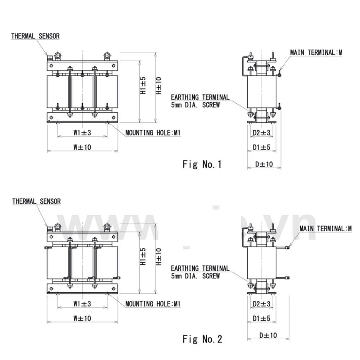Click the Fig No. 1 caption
(202, 165)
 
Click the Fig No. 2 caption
(202, 339)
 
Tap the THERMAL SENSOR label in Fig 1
(35, 36)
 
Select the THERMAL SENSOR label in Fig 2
(36, 201)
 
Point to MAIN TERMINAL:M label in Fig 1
(316, 52)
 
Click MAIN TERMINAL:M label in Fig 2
(325, 229)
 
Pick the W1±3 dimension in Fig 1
(82, 133)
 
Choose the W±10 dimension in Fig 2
(82, 318)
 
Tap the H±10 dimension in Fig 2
(158, 257)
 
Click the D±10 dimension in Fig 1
(264, 164)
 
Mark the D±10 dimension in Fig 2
(268, 335)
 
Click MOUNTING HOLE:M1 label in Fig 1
(153, 133)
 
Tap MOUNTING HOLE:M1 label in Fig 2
(153, 304)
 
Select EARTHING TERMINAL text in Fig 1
(200, 97)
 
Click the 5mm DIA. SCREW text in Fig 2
(195, 276)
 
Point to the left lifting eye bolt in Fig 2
(57, 227)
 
